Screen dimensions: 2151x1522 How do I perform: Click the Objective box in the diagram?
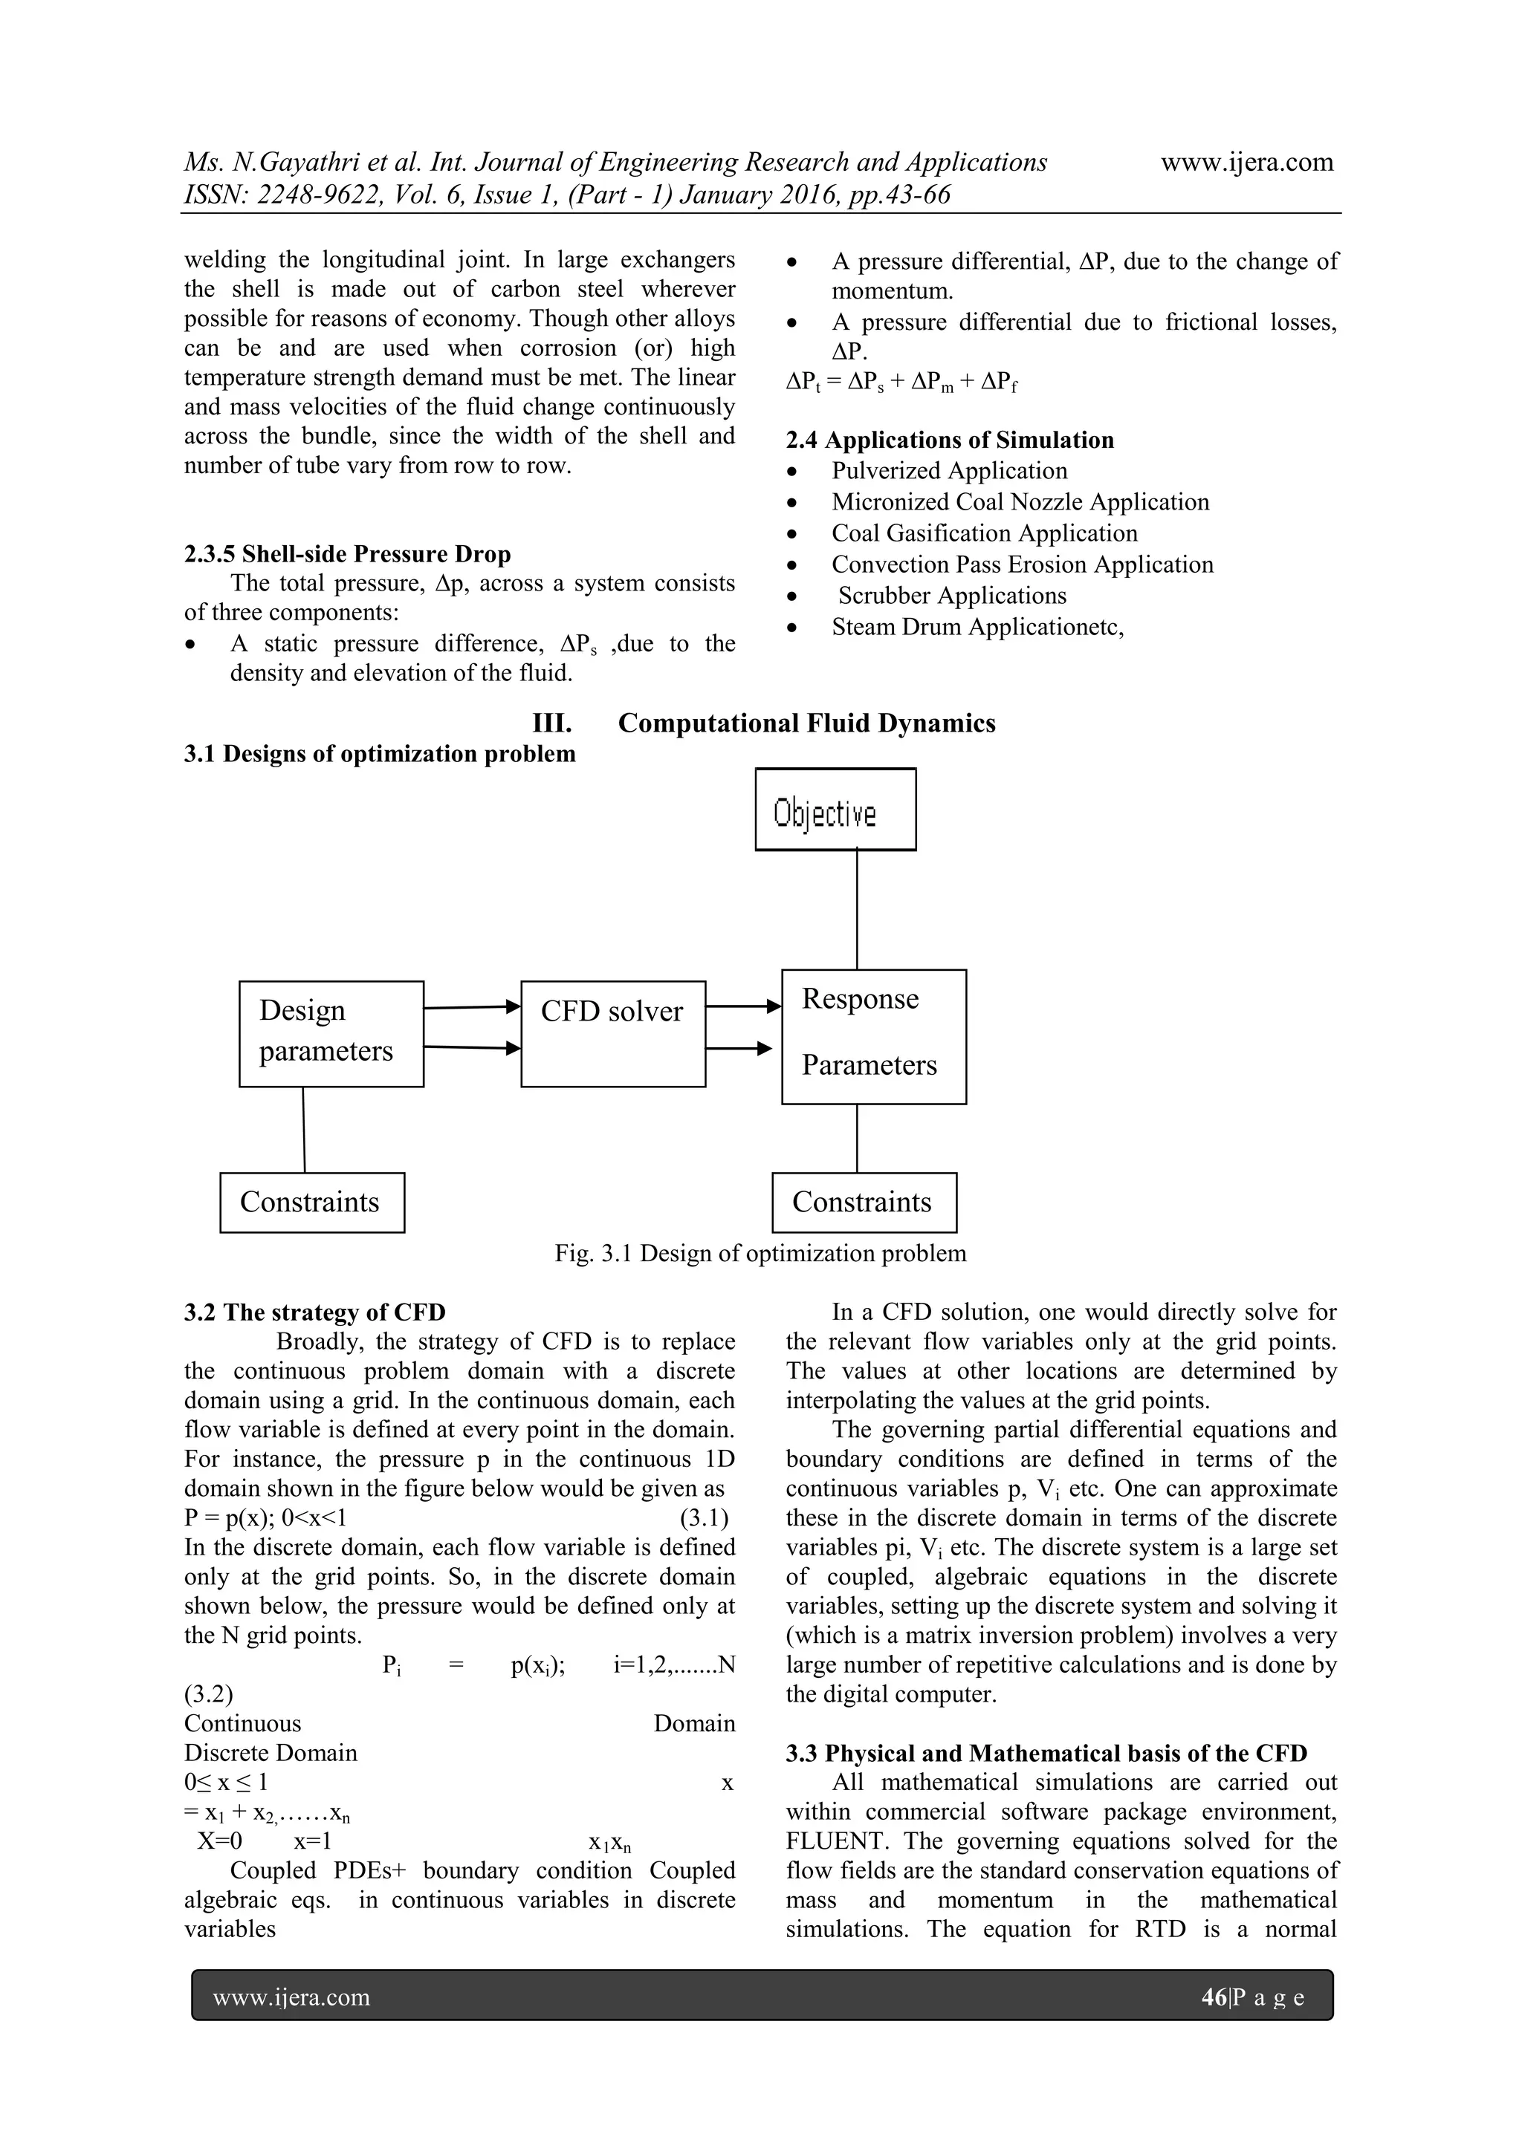(835, 810)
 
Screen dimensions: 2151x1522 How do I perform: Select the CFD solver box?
(613, 1033)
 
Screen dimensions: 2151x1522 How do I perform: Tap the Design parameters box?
(331, 1033)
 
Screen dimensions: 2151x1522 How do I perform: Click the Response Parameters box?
(873, 1036)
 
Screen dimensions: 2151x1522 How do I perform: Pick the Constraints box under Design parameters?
(312, 1202)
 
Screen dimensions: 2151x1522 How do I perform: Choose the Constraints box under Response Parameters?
(864, 1202)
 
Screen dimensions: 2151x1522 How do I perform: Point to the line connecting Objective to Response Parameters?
(857, 908)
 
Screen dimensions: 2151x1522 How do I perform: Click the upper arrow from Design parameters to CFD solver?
(471, 1007)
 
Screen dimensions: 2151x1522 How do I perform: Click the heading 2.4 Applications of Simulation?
(949, 440)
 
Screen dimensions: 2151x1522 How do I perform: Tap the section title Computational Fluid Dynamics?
(806, 723)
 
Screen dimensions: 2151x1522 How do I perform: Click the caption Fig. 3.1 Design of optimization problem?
(760, 1254)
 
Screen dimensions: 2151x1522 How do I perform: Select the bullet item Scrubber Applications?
(952, 596)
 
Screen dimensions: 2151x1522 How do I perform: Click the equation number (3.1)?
(704, 1517)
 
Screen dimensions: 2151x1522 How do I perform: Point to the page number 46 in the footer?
(1213, 1998)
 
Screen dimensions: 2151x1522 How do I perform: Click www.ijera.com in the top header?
(1246, 162)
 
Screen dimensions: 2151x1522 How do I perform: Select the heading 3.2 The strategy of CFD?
(315, 1312)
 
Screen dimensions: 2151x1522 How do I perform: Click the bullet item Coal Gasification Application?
(984, 533)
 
